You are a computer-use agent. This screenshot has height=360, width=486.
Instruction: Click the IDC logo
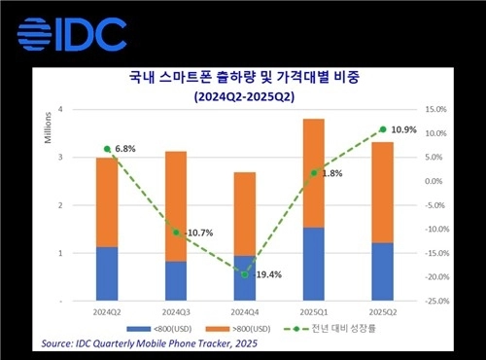pyautogui.click(x=72, y=34)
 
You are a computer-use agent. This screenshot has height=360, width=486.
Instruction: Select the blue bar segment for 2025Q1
pyautogui.click(x=314, y=264)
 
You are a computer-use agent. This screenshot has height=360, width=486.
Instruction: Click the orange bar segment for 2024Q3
pyautogui.click(x=176, y=206)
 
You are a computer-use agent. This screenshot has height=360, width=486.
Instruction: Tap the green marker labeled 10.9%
pyautogui.click(x=383, y=129)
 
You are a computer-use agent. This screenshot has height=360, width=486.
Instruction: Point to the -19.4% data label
pyautogui.click(x=267, y=275)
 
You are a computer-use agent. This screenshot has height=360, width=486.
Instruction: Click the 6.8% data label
pyautogui.click(x=125, y=149)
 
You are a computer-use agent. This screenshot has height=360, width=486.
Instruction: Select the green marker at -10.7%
pyautogui.click(x=176, y=233)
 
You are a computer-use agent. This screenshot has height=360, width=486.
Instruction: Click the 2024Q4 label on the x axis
pyautogui.click(x=245, y=312)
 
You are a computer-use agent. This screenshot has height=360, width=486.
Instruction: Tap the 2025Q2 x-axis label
pyautogui.click(x=383, y=312)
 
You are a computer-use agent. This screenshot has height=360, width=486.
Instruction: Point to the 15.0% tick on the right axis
pyautogui.click(x=435, y=109)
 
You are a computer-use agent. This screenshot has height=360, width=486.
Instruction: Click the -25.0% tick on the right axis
pyautogui.click(x=437, y=301)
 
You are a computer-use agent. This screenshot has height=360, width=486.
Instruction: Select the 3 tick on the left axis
pyautogui.click(x=60, y=158)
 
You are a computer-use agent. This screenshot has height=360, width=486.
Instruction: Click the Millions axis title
pyautogui.click(x=48, y=127)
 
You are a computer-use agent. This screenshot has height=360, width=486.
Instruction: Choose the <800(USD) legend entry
pyautogui.click(x=159, y=329)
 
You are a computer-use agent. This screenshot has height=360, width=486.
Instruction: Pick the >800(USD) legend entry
pyautogui.click(x=238, y=329)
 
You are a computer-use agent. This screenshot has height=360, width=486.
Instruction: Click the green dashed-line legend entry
pyautogui.click(x=330, y=329)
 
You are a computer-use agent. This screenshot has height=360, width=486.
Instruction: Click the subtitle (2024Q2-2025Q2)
pyautogui.click(x=244, y=96)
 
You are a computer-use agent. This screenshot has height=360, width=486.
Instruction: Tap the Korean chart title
pyautogui.click(x=244, y=77)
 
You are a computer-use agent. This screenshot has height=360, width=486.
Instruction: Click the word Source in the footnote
pyautogui.click(x=56, y=343)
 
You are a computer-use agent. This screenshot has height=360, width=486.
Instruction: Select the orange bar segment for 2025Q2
pyautogui.click(x=383, y=193)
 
